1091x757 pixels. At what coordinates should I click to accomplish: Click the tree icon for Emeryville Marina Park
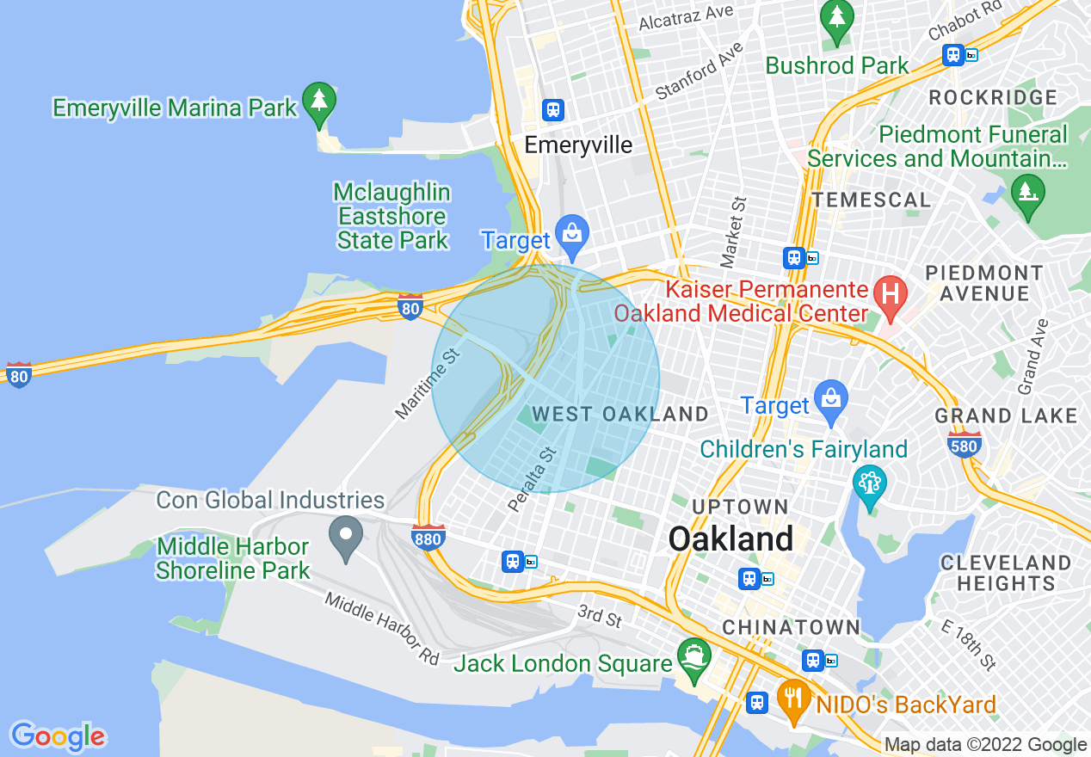319,101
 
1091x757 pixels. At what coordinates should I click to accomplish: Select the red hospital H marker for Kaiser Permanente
891,294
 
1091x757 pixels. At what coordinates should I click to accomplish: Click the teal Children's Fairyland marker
870,483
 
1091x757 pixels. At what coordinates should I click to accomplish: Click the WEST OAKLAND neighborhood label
619,415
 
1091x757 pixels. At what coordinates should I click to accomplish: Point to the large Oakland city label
730,539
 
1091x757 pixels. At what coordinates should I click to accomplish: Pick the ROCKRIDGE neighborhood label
993,97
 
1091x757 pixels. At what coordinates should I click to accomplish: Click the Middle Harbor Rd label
381,629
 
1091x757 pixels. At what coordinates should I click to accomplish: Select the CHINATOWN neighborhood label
791,627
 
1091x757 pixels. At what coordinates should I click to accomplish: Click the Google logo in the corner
58,736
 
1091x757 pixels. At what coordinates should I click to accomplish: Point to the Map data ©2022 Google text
985,745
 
